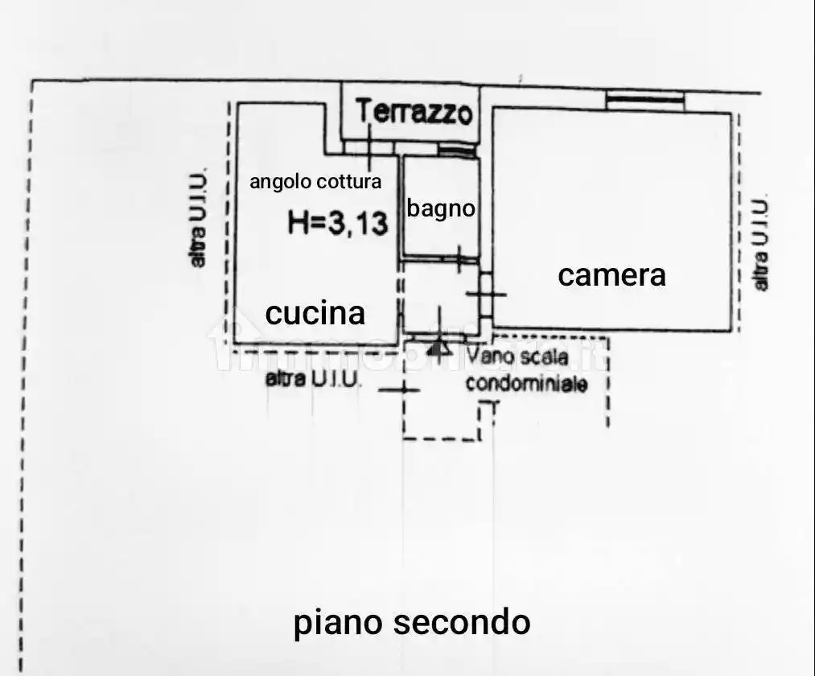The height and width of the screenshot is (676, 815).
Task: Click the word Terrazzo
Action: point(414,111)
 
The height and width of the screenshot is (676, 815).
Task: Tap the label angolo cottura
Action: point(315,182)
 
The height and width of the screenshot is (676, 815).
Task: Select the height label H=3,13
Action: point(338,223)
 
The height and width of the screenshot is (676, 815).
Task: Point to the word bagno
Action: point(441,209)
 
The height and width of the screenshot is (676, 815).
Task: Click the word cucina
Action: point(315,313)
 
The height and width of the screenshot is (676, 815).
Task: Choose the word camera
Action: point(612,275)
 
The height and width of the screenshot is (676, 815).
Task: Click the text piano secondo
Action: point(412,622)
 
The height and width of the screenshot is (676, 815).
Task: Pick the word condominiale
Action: point(526,384)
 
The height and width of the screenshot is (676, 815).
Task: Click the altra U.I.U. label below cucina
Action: point(314,378)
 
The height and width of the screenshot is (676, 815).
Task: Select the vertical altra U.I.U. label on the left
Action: point(198,217)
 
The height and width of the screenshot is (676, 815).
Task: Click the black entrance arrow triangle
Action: point(438,348)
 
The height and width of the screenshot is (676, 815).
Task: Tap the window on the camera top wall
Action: point(645,100)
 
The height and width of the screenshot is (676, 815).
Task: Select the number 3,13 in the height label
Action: point(360,223)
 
